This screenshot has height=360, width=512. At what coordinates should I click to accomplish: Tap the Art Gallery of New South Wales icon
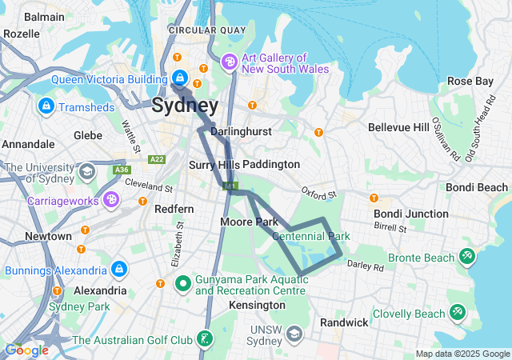(x=230, y=61)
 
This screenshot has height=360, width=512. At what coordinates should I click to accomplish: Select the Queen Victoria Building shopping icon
(x=180, y=78)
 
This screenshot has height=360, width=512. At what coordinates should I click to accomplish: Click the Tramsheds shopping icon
(x=45, y=106)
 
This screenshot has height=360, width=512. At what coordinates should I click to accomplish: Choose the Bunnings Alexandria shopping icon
(x=119, y=269)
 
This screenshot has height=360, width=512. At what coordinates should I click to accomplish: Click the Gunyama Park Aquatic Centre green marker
(x=182, y=282)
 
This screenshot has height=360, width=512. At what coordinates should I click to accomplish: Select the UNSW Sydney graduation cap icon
(x=294, y=332)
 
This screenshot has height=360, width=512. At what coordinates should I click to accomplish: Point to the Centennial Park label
(x=311, y=237)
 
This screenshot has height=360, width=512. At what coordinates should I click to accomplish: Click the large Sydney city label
(x=184, y=106)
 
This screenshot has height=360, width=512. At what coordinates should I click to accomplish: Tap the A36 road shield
(x=122, y=170)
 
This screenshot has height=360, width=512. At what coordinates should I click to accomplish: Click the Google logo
(x=26, y=350)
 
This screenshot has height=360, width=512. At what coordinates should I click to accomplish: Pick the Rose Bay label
(x=470, y=81)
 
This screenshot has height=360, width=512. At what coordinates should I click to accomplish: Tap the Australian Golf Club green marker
(x=206, y=340)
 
